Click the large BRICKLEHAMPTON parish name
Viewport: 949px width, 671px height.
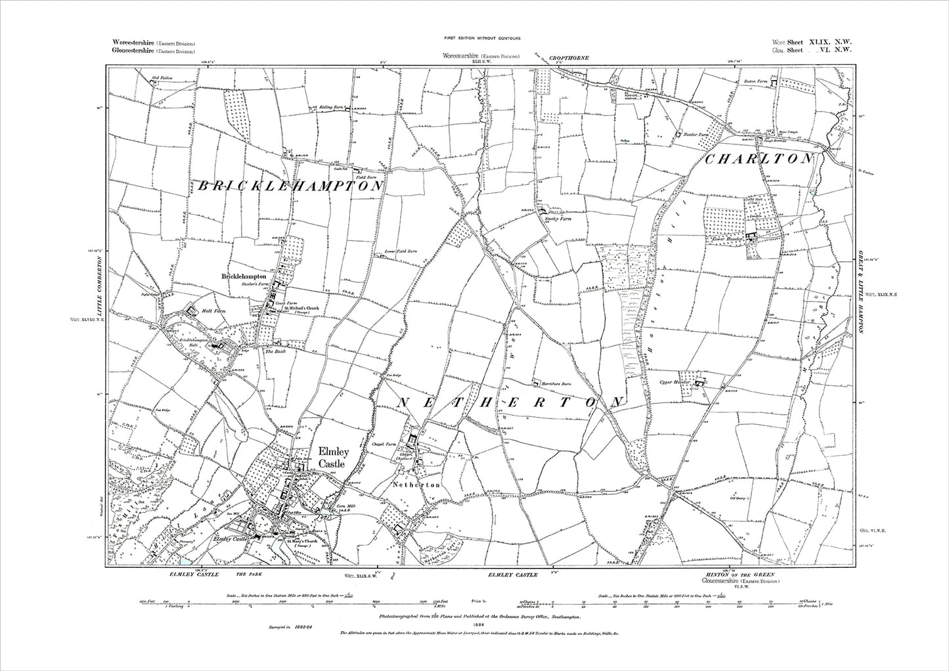pyautogui.click(x=288, y=186)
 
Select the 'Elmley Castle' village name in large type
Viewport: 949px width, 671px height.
pyautogui.click(x=330, y=458)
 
